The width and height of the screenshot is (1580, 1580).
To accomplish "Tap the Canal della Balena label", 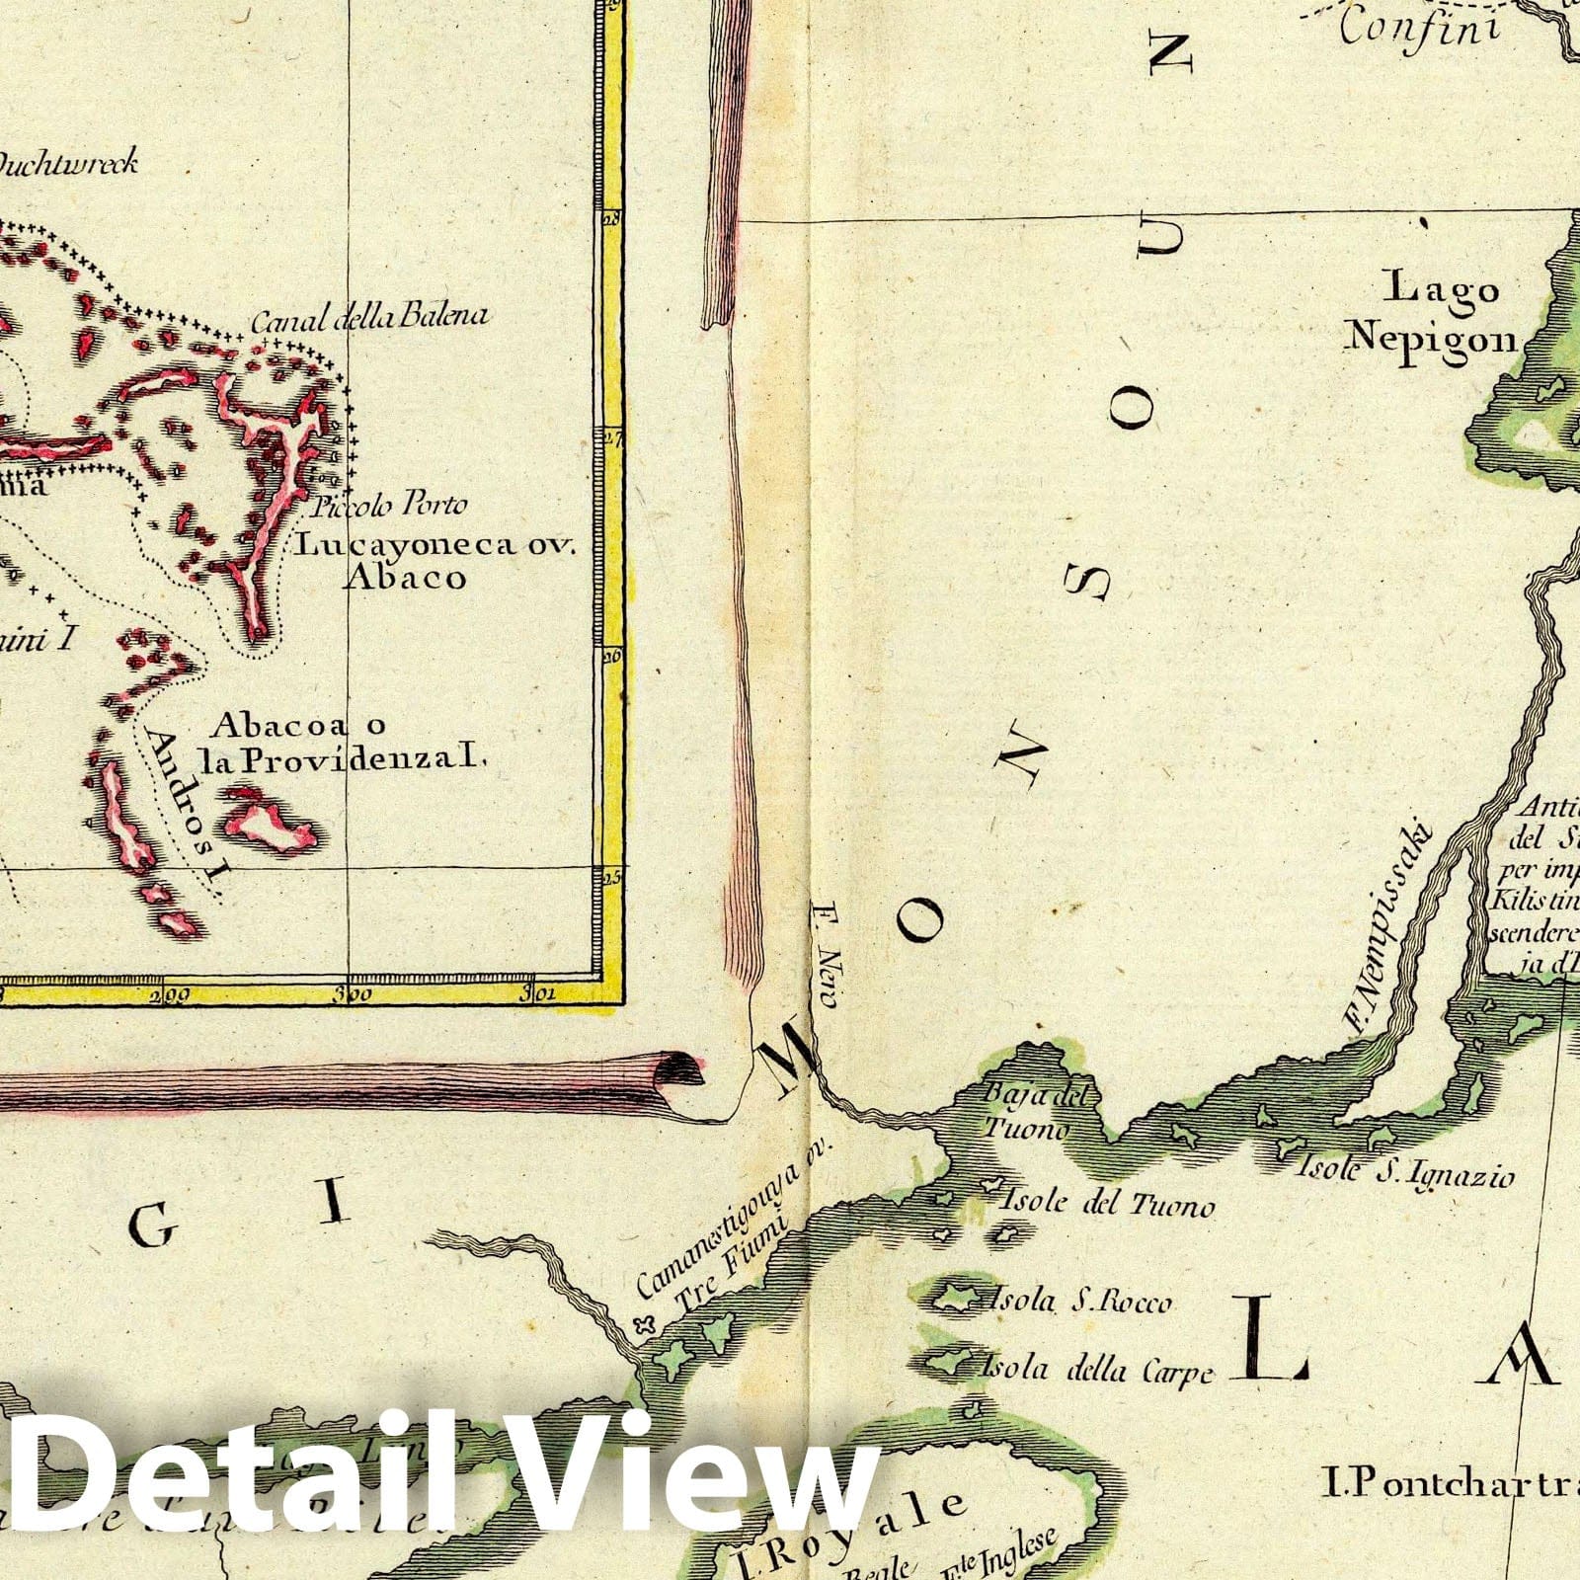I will [369, 318].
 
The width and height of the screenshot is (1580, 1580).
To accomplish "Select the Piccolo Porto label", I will [390, 507].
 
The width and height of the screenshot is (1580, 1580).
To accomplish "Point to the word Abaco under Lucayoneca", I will [405, 578].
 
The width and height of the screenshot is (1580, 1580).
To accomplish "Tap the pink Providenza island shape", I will [269, 821].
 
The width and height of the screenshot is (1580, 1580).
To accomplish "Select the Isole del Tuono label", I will [1106, 1204].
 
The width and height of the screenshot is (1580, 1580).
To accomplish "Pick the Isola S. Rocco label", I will [1082, 1303].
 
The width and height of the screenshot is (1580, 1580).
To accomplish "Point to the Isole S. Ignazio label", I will [1404, 1174].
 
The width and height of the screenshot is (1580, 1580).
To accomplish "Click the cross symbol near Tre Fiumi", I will [647, 1326].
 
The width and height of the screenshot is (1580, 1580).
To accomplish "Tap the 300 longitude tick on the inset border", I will [352, 994].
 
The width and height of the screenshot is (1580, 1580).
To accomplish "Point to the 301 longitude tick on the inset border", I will [541, 993].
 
